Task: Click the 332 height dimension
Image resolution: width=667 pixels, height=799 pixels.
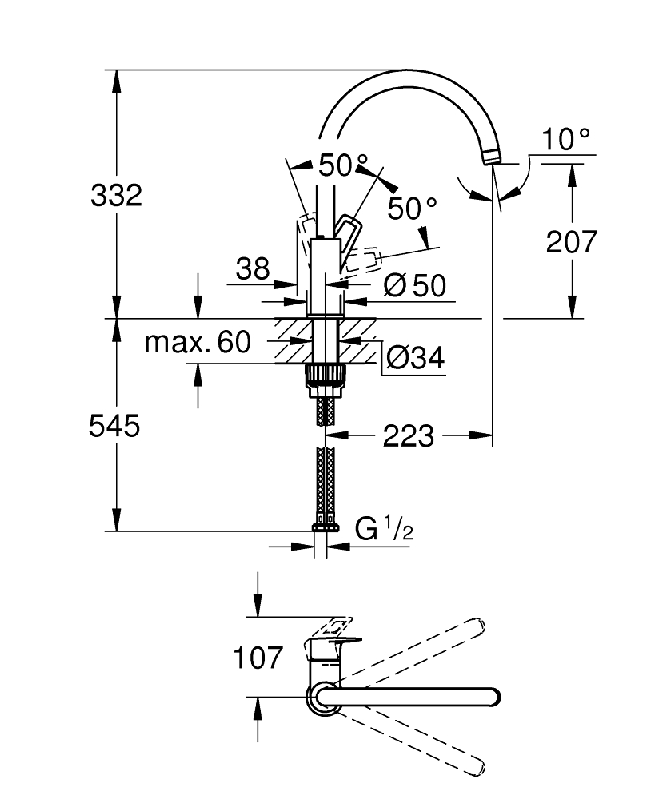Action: tap(116, 194)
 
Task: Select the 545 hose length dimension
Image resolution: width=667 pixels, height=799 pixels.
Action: tap(114, 426)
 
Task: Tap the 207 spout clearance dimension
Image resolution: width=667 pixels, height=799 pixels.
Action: tap(571, 240)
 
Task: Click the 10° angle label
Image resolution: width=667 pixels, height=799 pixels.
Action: tap(566, 141)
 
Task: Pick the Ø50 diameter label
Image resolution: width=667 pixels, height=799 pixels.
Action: tap(413, 285)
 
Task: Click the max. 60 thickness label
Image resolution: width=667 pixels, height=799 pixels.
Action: tap(198, 343)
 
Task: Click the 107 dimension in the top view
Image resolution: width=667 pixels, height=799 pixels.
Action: tap(258, 658)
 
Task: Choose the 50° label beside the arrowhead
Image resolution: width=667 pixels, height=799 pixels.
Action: tap(412, 209)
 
